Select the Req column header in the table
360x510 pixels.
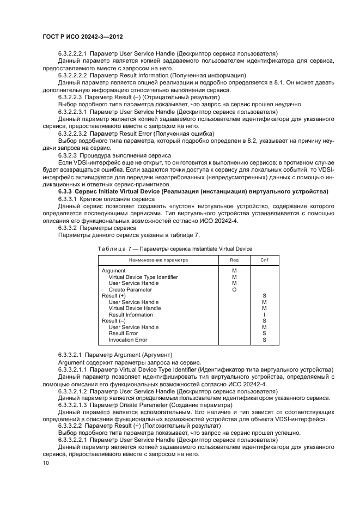click(234, 260)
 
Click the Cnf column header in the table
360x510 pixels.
click(264, 260)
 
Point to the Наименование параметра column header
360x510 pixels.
click(158, 260)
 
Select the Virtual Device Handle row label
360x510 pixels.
click(135, 308)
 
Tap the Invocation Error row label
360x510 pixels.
click(128, 340)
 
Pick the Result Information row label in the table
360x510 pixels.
click(131, 315)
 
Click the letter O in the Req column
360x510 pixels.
click(234, 289)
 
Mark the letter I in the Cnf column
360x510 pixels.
click(264, 315)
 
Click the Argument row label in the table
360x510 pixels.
click(114, 270)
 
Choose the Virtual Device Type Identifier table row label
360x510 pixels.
click(143, 277)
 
